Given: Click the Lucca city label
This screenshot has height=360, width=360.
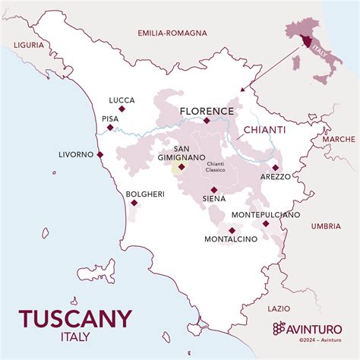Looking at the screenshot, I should pyautogui.click(x=122, y=100).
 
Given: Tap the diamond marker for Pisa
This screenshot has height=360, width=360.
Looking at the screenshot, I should pyautogui.click(x=111, y=128).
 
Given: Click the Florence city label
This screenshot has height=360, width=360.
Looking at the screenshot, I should pyautogui.click(x=207, y=111).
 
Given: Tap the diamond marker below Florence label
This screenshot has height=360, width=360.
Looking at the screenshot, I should pyautogui.click(x=207, y=120).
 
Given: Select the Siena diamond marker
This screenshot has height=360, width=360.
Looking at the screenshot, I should pyautogui.click(x=214, y=190).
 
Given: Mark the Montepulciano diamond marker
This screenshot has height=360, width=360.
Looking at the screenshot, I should pyautogui.click(x=265, y=223).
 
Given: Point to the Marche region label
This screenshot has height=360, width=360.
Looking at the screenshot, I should pyautogui.click(x=338, y=139).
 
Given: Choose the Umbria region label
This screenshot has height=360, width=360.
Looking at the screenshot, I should pyautogui.click(x=326, y=226).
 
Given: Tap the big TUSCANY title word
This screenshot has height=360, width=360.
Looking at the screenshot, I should pyautogui.click(x=75, y=318).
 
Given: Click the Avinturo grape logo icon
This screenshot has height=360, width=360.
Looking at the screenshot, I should pyautogui.click(x=279, y=327).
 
